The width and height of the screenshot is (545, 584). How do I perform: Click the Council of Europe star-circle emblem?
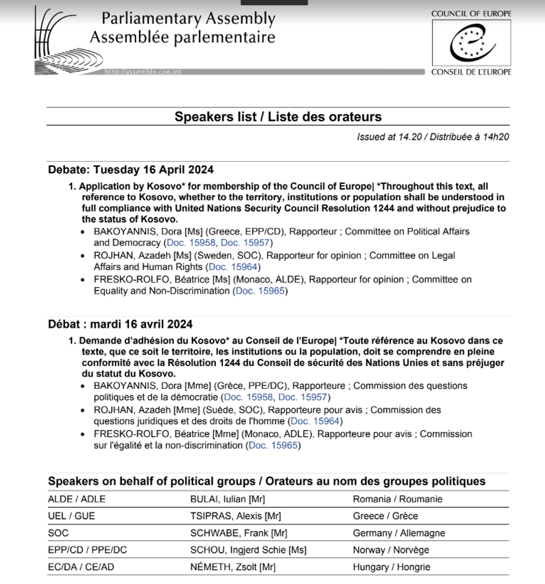click(472, 43)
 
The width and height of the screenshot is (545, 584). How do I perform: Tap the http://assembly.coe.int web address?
click(142, 72)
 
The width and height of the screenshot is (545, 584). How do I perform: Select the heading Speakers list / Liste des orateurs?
click(278, 117)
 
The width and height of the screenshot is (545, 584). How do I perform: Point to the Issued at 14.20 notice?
click(433, 137)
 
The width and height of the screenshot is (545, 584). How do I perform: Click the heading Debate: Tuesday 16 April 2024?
click(131, 170)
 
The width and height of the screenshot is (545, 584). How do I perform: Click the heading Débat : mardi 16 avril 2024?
click(121, 324)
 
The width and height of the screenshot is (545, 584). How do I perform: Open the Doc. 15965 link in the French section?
click(272, 446)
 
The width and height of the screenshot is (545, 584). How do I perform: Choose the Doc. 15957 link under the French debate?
click(303, 397)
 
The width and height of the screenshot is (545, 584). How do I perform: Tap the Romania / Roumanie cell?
click(398, 499)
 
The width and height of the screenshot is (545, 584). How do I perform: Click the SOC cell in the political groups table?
click(58, 533)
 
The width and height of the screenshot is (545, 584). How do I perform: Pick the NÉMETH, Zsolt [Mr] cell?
click(232, 567)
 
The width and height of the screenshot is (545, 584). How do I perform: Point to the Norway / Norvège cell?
click(391, 550)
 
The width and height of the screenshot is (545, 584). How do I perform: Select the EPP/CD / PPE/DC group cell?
click(87, 550)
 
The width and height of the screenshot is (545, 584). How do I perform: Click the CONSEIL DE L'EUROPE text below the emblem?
click(471, 72)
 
